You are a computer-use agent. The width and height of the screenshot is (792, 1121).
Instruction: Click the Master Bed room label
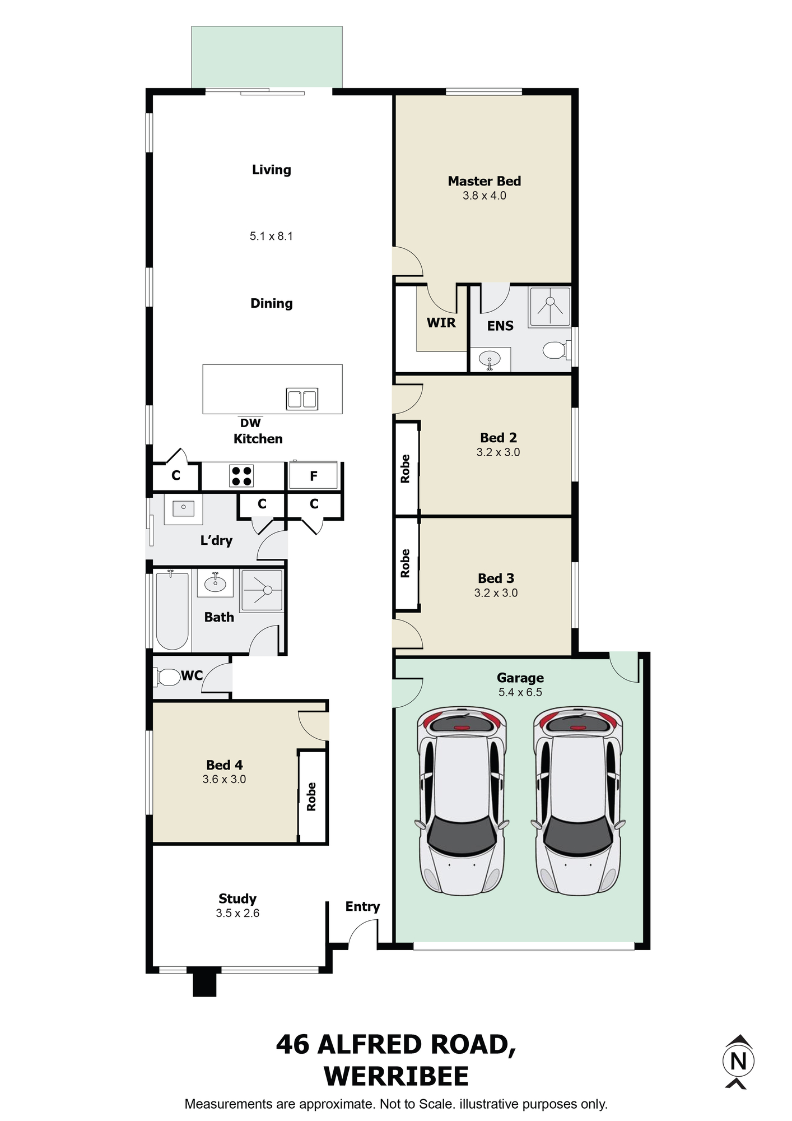click(x=484, y=181)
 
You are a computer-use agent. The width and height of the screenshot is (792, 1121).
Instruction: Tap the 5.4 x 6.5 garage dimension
click(x=520, y=692)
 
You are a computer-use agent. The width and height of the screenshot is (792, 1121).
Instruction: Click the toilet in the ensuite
click(x=556, y=350)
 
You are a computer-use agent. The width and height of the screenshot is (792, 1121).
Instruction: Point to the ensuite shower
click(x=550, y=306)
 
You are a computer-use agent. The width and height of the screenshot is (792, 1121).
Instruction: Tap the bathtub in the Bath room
click(x=172, y=610)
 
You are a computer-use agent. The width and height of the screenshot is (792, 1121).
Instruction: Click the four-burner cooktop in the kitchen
click(x=241, y=476)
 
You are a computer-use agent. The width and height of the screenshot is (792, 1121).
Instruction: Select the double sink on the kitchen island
click(x=302, y=399)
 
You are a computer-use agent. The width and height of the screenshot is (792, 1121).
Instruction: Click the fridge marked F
click(x=313, y=475)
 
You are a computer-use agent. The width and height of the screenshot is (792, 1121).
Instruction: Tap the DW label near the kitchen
click(x=250, y=423)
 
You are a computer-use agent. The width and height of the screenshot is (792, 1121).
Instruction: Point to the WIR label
click(x=441, y=323)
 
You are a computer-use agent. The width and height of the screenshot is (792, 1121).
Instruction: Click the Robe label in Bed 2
click(x=405, y=469)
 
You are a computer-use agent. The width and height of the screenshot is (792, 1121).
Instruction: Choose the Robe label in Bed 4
click(x=311, y=796)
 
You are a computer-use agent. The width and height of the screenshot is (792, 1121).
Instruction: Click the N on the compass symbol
click(x=739, y=1061)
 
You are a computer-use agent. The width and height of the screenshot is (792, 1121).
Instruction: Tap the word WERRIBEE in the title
click(x=396, y=1076)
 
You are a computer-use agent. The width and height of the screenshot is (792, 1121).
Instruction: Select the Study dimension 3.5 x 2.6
click(x=237, y=913)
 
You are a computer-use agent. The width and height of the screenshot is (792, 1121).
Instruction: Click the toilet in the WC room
click(x=167, y=677)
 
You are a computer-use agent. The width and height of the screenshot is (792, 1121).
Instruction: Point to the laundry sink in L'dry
click(x=183, y=508)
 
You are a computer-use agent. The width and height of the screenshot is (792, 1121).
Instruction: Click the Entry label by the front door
click(x=362, y=907)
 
